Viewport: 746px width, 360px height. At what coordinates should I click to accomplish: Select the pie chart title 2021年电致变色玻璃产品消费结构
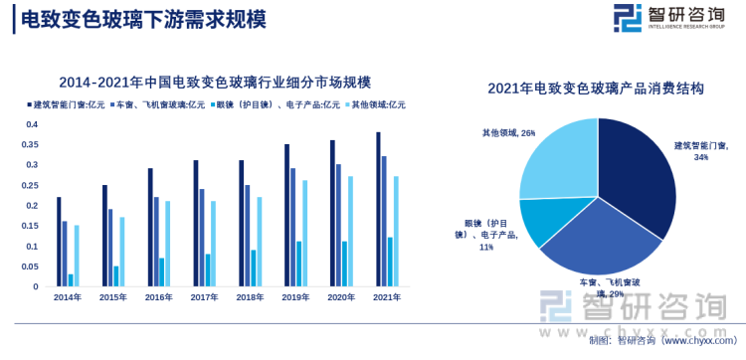[597, 89]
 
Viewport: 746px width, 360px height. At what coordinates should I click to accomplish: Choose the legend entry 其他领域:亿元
[376, 103]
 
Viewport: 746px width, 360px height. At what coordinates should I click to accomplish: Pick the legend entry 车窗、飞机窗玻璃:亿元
[159, 103]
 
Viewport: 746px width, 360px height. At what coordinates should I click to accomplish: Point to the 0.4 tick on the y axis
[32, 124]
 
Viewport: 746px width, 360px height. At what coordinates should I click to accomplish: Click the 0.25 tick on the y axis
[30, 186]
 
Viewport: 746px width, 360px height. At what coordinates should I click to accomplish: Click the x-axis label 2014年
[68, 297]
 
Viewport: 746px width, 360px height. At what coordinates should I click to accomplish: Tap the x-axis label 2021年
[387, 297]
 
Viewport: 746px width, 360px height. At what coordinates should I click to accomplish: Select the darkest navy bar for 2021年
[378, 210]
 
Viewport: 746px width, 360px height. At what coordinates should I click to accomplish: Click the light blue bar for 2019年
[305, 234]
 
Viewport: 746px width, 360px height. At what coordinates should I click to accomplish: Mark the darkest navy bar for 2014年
[59, 242]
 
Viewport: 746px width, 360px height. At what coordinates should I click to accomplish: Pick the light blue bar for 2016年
[168, 244]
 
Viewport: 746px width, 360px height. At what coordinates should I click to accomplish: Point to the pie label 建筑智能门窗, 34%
[700, 150]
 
